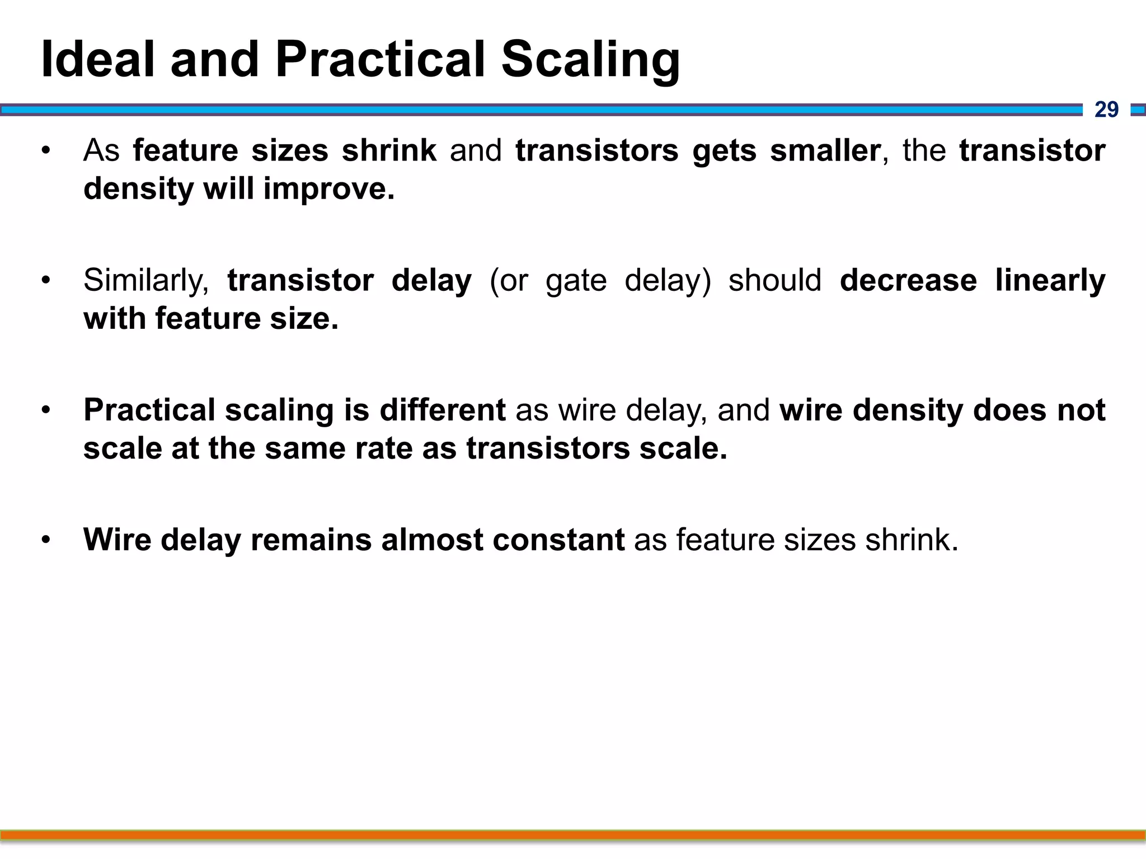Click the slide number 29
(1106, 110)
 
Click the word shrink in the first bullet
(389, 150)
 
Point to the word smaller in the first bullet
(825, 150)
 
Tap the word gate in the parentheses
(576, 280)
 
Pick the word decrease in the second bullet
(908, 280)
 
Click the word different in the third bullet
(443, 410)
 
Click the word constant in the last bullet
(558, 540)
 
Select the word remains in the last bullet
(311, 540)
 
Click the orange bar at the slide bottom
(573, 836)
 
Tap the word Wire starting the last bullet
(117, 540)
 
